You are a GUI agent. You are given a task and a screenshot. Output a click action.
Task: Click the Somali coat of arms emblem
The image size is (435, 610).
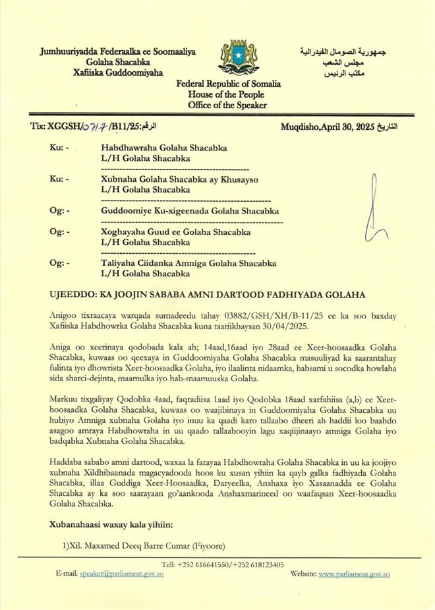[237, 58]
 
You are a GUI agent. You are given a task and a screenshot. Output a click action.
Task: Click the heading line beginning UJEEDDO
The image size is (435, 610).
[207, 294]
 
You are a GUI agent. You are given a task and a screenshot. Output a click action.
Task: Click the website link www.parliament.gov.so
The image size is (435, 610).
[354, 574]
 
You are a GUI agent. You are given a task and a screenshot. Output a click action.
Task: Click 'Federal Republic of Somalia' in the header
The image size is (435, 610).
[228, 84]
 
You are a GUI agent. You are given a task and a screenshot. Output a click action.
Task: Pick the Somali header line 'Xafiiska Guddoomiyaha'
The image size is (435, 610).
[118, 72]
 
